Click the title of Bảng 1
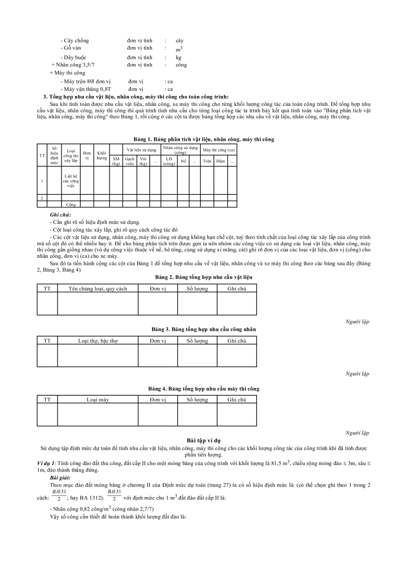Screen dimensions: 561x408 [203, 139]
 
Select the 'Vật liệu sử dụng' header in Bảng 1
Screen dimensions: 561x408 [141, 149]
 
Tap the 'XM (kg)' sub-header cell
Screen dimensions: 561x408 [116, 161]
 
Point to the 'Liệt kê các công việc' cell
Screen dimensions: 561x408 [71, 180]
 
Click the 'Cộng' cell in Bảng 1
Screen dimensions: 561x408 [71, 204]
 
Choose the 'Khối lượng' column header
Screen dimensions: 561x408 [102, 155]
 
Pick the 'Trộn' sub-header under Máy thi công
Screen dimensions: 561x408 [207, 161]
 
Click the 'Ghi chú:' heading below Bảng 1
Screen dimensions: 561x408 [60, 215]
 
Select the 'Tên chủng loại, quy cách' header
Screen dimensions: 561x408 [97, 289]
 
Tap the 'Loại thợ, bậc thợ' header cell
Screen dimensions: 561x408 [97, 341]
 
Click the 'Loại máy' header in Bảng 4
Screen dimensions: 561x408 [97, 400]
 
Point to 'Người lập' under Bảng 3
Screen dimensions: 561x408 [357, 374]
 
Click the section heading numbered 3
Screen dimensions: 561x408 [136, 96]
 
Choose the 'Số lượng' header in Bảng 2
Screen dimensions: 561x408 [197, 289]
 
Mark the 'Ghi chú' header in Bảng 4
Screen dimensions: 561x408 [236, 400]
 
